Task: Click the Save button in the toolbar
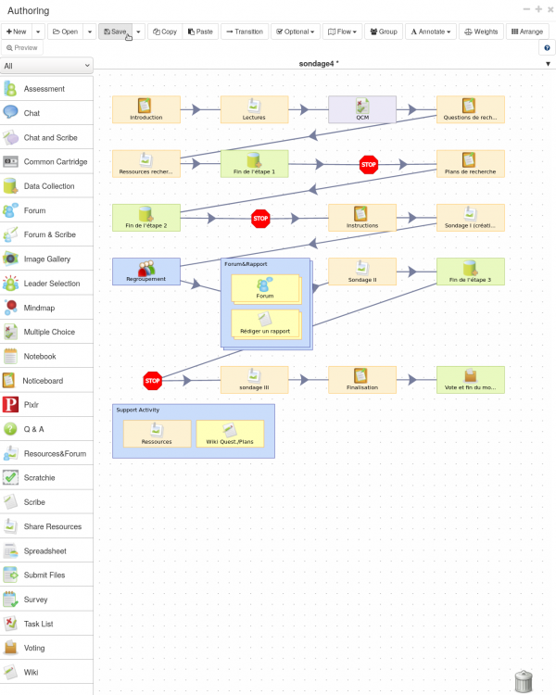pyautogui.click(x=115, y=32)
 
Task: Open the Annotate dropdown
pyautogui.click(x=431, y=32)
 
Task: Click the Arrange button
pyautogui.click(x=527, y=32)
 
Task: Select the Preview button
pyautogui.click(x=22, y=48)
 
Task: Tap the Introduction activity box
pyautogui.click(x=146, y=109)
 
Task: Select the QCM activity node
pyautogui.click(x=362, y=109)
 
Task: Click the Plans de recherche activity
pyautogui.click(x=471, y=163)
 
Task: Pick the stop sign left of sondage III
pyautogui.click(x=153, y=381)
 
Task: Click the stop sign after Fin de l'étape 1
pyautogui.click(x=369, y=164)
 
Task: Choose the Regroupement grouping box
pyautogui.click(x=146, y=272)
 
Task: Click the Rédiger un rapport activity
pyautogui.click(x=265, y=323)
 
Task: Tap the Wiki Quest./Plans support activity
pyautogui.click(x=230, y=434)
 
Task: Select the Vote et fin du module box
pyautogui.click(x=471, y=380)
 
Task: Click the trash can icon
pyautogui.click(x=524, y=681)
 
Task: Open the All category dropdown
pyautogui.click(x=46, y=66)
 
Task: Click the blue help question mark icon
pyautogui.click(x=547, y=48)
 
